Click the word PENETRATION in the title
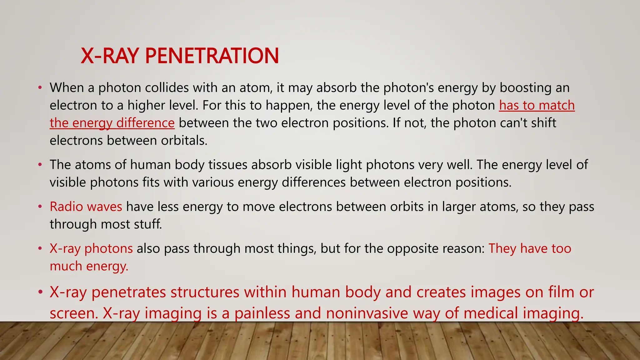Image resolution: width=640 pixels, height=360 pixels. (212, 56)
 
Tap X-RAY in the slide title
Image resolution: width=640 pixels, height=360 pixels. (110, 56)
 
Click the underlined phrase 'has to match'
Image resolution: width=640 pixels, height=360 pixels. (537, 105)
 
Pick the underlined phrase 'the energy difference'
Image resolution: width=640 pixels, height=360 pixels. (112, 123)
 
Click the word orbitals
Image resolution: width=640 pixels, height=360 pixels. (184, 140)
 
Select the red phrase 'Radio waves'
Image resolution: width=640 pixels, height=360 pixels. (86, 207)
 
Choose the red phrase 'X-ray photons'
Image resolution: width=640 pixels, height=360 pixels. (91, 248)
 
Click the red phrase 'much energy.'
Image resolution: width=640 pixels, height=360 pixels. (89, 266)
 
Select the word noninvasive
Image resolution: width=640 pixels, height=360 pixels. (367, 313)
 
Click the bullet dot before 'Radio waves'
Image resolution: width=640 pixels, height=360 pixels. (40, 207)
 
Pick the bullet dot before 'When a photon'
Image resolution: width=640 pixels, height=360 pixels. (40, 88)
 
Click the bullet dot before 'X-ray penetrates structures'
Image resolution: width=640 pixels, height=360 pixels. (40, 292)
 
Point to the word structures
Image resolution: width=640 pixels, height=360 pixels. (205, 292)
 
